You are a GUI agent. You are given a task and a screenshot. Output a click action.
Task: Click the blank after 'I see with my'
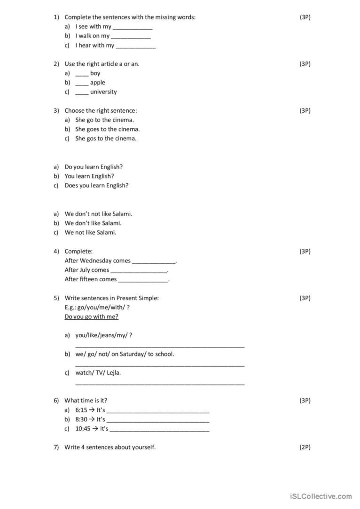tap(133, 27)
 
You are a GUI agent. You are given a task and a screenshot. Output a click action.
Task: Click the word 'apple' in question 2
tap(98, 83)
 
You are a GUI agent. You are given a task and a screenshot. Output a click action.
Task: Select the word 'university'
tap(103, 92)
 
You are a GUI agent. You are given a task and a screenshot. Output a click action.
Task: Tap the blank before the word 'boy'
tap(82, 74)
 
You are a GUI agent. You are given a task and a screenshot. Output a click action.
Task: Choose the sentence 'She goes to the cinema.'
tap(107, 129)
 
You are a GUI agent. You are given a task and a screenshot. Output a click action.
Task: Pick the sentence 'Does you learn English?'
tap(96, 185)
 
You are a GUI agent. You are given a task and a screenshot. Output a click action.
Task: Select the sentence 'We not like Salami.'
tap(90, 232)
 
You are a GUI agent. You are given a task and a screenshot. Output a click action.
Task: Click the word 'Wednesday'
tap(95, 261)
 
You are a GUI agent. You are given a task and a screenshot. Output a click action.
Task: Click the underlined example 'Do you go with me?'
tap(91, 317)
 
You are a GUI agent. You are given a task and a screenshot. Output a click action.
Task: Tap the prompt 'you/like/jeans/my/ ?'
tap(103, 335)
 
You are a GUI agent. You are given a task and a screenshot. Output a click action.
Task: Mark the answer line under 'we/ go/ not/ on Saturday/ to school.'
tap(160, 364)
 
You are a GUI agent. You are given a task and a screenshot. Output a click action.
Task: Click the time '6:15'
tap(81, 410)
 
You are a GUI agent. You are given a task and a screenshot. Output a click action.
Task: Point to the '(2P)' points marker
tap(305, 447)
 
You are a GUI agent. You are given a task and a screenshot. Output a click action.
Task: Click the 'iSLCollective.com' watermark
tap(321, 496)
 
